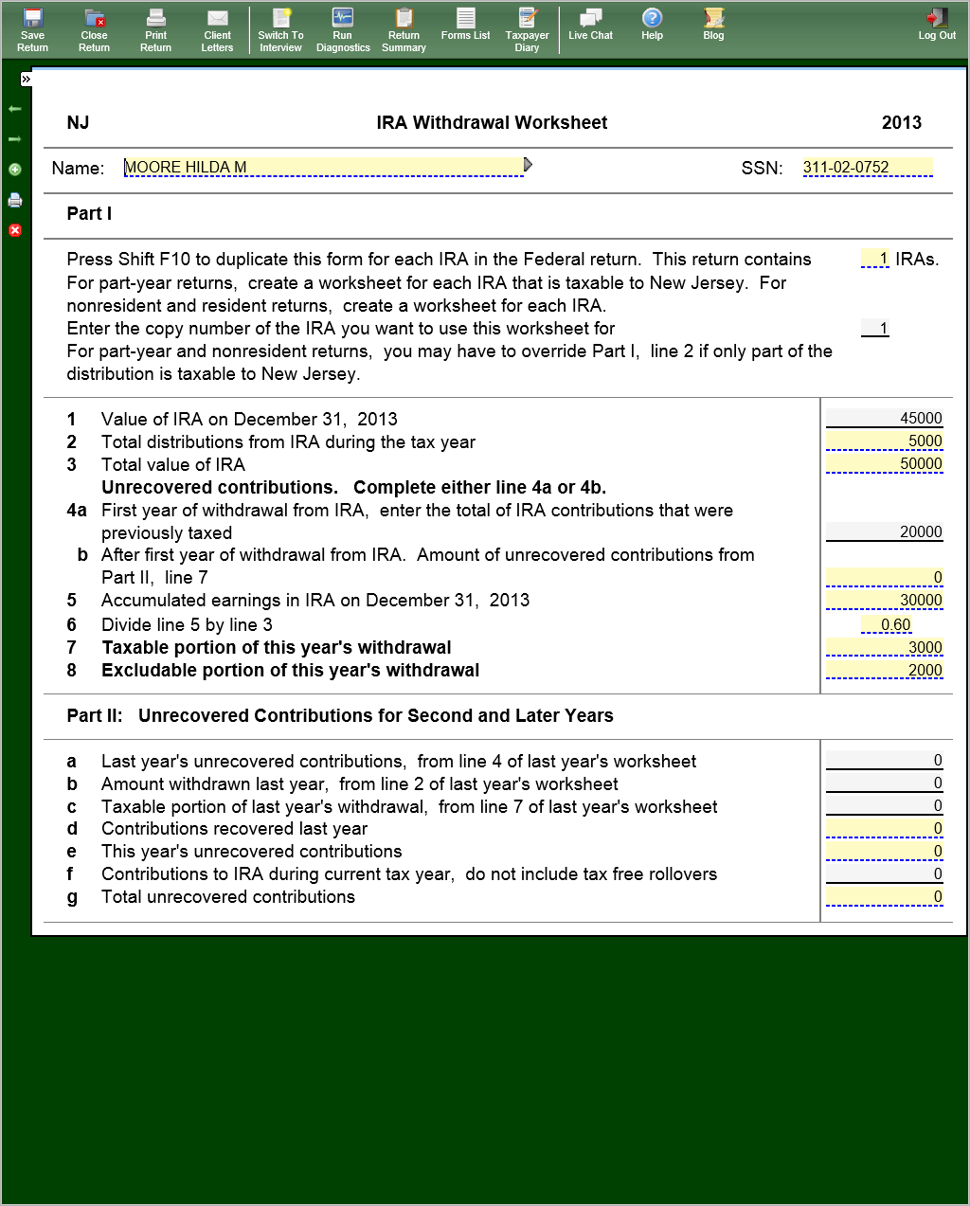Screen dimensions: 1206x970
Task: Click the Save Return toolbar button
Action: click(32, 29)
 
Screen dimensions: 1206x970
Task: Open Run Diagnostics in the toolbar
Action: click(343, 29)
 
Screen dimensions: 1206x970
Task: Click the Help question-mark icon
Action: click(652, 18)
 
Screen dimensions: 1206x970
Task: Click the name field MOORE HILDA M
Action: click(322, 168)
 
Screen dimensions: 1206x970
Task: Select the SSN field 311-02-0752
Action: click(867, 168)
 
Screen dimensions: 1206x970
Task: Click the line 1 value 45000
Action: click(884, 418)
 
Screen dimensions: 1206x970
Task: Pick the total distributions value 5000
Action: click(884, 441)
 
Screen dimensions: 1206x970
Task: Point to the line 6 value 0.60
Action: click(888, 624)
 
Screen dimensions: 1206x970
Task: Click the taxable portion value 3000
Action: click(884, 647)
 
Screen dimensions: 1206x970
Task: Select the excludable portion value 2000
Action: click(884, 670)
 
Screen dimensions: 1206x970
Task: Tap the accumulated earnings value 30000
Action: click(884, 600)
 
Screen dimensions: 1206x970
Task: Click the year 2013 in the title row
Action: click(901, 122)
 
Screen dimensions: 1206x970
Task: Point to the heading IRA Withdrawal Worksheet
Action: click(492, 122)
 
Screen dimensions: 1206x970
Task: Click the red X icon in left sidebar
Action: click(15, 230)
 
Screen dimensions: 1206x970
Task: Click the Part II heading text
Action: click(339, 715)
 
